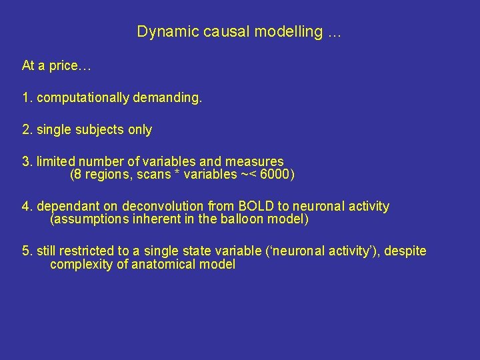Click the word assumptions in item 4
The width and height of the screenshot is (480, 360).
(88, 219)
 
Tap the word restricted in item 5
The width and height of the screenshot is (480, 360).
(87, 251)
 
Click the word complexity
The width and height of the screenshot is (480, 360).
(77, 264)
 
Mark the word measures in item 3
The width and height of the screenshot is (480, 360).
(260, 162)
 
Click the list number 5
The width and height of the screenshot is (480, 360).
(26, 251)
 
